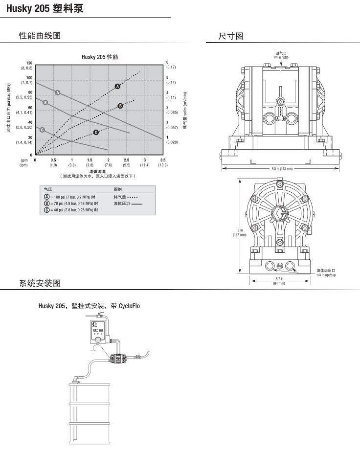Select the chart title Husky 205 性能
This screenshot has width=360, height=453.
pos(100,57)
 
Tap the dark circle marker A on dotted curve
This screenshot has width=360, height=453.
pos(117,86)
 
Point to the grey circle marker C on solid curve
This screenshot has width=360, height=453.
pos(42,130)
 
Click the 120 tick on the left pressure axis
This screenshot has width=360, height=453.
pos(29,63)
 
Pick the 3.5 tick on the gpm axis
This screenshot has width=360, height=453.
pos(163,160)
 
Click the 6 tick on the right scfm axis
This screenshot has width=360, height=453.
pos(167,63)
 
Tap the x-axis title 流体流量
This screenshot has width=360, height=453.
pos(98,171)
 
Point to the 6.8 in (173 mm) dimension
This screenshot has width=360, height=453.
pos(282,169)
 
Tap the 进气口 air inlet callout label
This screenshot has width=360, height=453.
pos(281,55)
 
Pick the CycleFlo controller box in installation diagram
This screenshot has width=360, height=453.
pos(100,331)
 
